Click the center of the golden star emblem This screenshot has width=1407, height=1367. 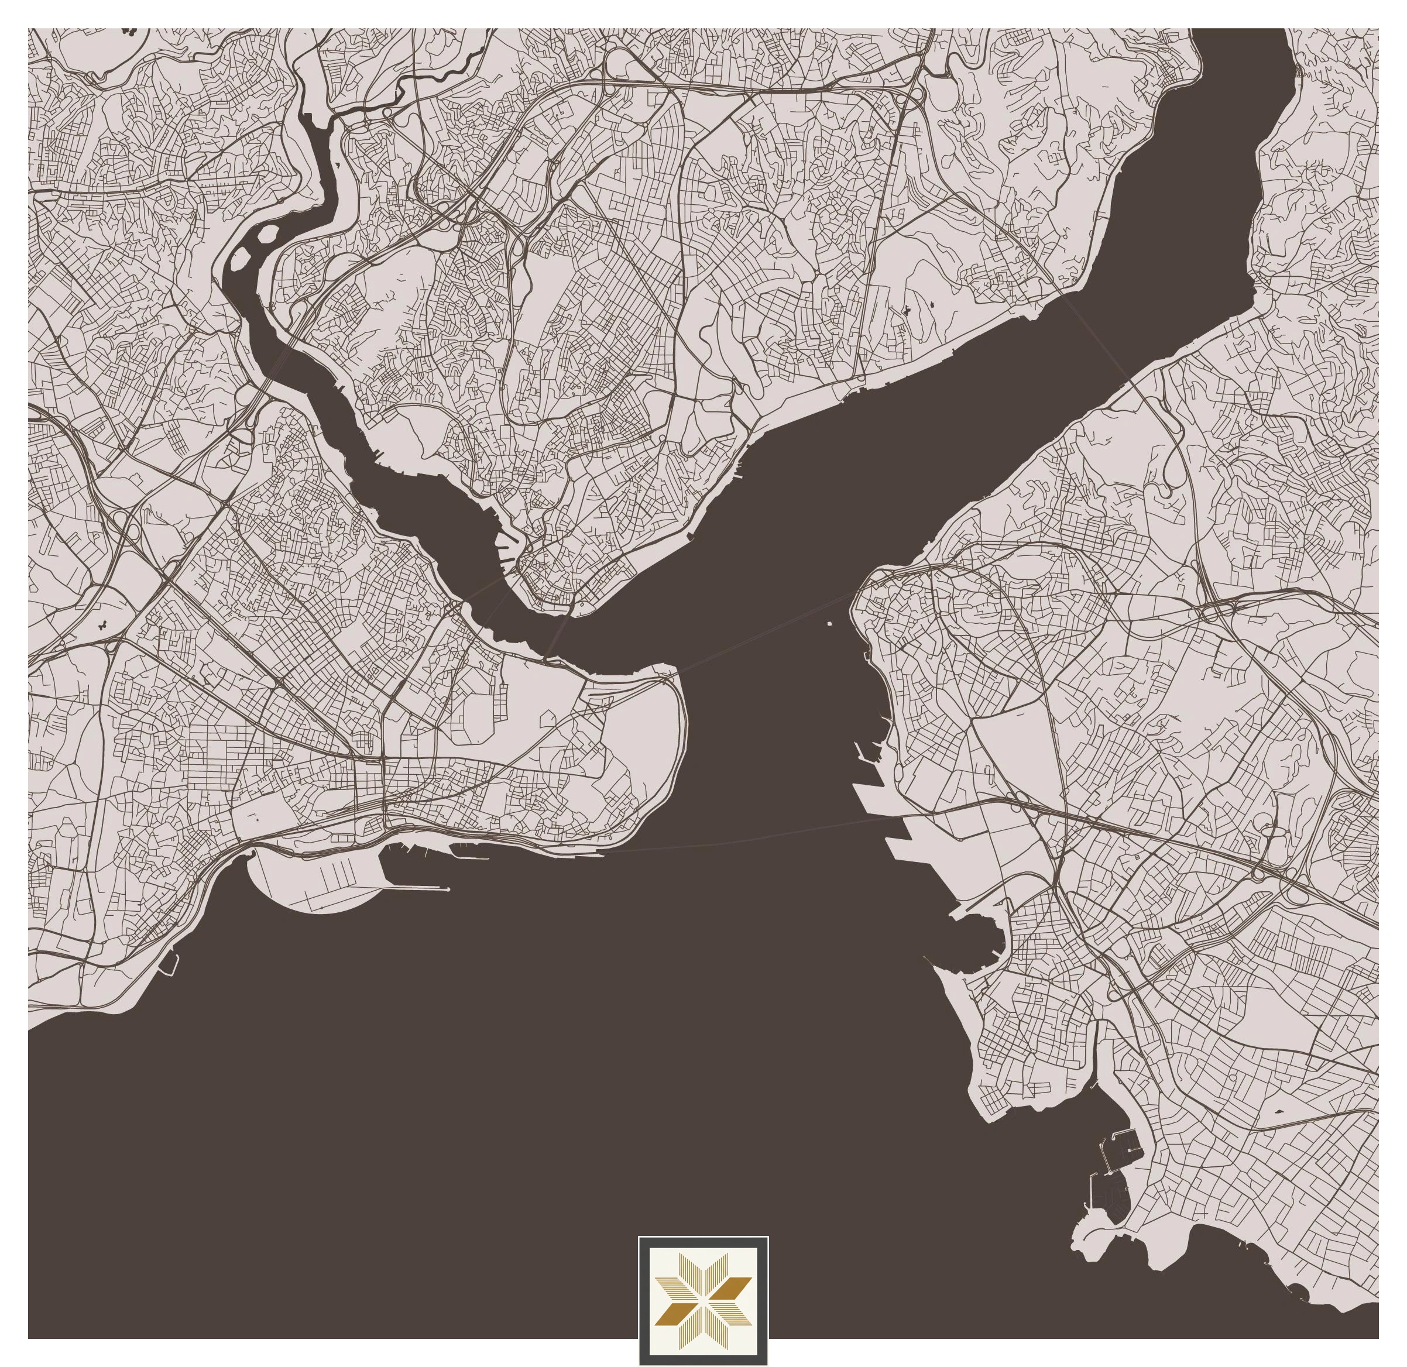(x=703, y=1301)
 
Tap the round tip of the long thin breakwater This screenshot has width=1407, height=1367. (x=448, y=889)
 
